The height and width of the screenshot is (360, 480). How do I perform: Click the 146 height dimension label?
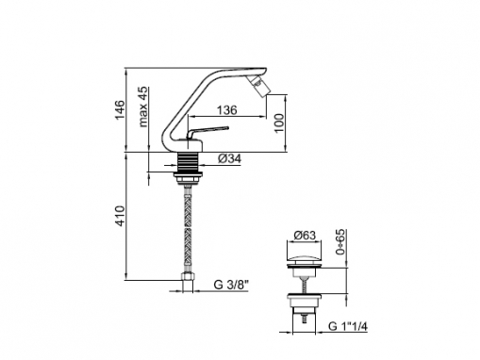coord(120,109)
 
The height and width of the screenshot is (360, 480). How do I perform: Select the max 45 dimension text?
coord(142,106)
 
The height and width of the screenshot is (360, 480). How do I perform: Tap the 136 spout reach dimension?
coord(227,110)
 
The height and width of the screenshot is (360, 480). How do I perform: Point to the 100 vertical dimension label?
coord(279,123)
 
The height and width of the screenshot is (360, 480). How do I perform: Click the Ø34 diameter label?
coord(229,158)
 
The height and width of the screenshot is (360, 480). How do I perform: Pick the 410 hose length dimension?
coord(120,216)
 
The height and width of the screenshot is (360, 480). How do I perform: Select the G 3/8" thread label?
coord(231,285)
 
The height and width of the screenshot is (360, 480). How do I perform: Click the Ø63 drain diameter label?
coord(305,235)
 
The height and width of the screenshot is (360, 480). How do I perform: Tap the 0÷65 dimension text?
coord(340,241)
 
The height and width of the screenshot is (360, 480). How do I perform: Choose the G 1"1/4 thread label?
coord(348,326)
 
